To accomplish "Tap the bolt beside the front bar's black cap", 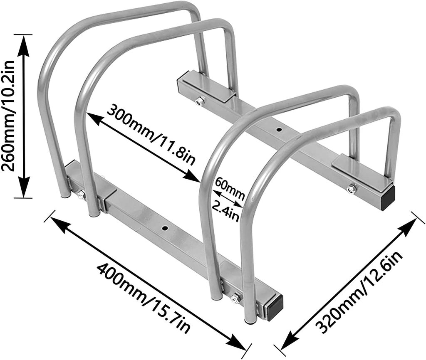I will tap(235, 298).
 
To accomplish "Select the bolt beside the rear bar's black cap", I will tap(352, 189).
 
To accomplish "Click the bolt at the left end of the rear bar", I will tap(200, 101).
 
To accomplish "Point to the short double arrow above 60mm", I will tap(227, 198).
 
